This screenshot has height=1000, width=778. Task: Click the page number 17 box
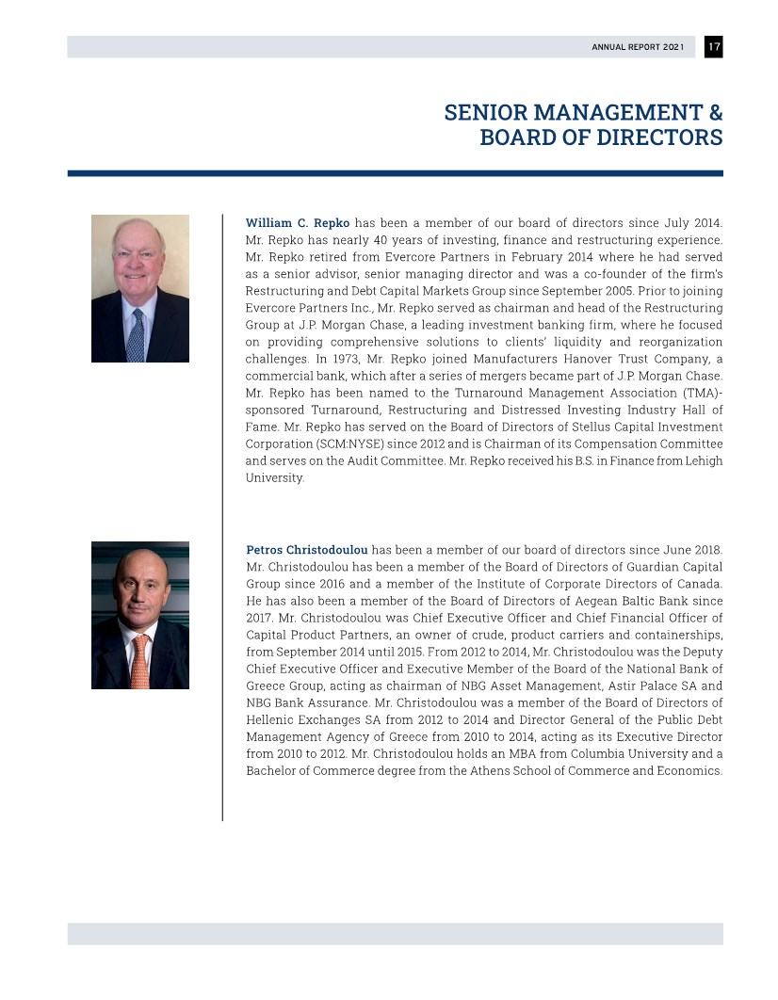click(x=713, y=47)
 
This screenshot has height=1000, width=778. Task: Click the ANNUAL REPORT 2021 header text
click(x=638, y=47)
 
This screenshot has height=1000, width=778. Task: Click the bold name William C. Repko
click(x=297, y=223)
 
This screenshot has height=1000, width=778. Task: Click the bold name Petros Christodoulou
click(x=306, y=550)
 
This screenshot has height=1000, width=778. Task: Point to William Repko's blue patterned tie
click(x=137, y=334)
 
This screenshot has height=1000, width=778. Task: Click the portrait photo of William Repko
click(x=140, y=288)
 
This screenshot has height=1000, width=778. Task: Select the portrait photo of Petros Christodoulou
click(x=140, y=615)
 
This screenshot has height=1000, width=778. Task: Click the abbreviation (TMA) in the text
click(x=699, y=393)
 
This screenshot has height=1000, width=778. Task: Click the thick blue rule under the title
click(x=395, y=173)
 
